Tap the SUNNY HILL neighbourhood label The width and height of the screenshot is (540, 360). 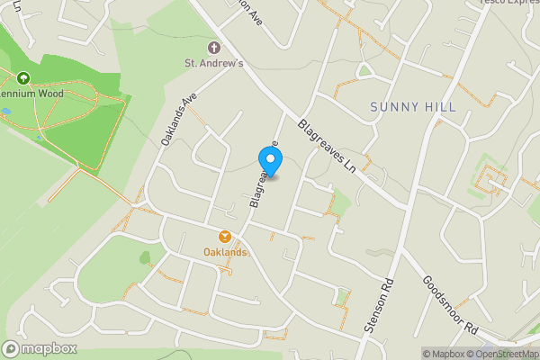413,107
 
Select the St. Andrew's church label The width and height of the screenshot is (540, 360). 214,63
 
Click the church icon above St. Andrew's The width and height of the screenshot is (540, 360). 214,47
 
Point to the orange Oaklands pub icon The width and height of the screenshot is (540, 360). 225,237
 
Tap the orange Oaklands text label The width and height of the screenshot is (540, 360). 225,252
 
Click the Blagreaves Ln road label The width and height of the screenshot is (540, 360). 328,148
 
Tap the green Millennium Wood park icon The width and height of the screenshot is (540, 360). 22,78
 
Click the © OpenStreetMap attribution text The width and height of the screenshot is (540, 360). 508,354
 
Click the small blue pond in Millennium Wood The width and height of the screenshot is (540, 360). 7,112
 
